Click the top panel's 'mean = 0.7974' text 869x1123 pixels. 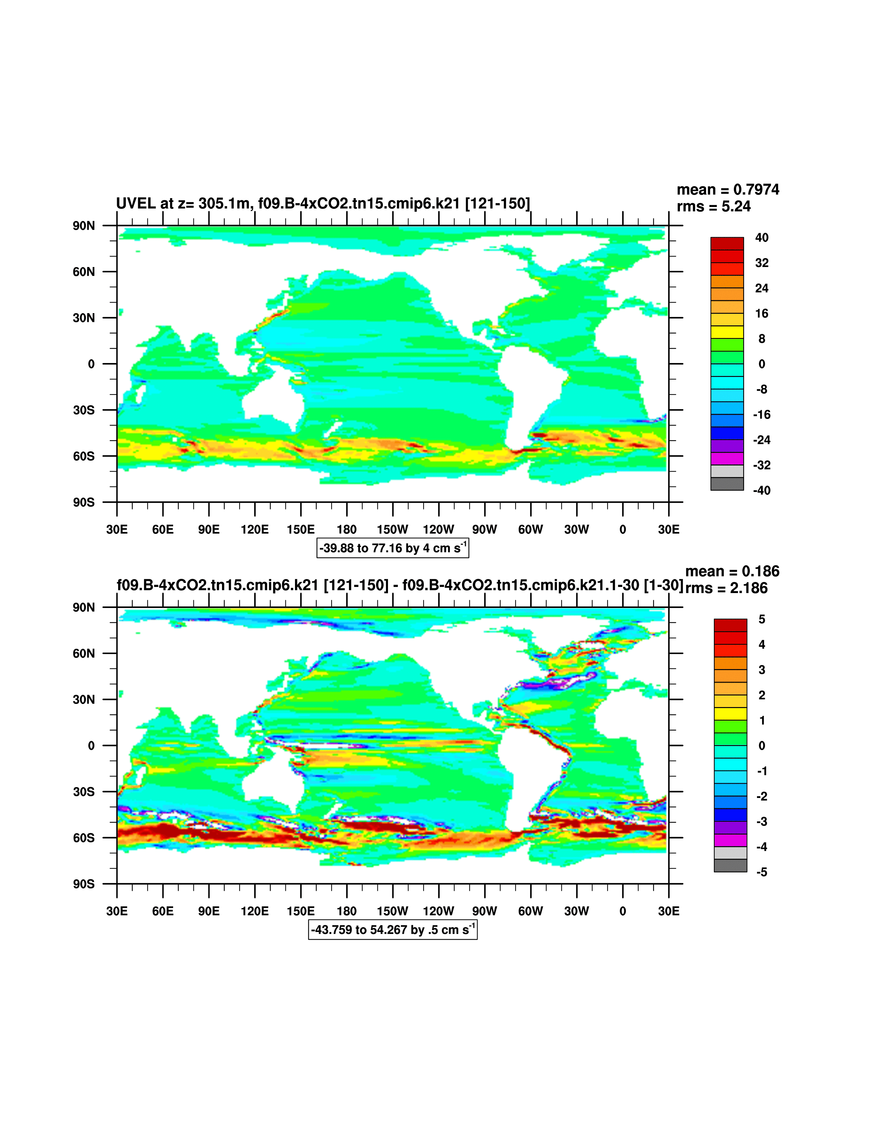click(727, 190)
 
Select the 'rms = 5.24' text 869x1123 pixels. click(714, 207)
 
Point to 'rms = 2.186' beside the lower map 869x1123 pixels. click(726, 588)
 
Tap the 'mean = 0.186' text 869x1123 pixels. click(732, 571)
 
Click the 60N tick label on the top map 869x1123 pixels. click(84, 271)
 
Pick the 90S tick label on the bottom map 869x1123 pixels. click(84, 884)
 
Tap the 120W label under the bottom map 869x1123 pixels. click(438, 911)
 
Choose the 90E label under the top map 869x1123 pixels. click(209, 530)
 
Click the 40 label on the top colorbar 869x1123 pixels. click(761, 237)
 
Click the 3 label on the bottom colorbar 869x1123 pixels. click(762, 670)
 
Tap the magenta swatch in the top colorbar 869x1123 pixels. click(727, 459)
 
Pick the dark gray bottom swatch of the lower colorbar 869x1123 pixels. click(730, 865)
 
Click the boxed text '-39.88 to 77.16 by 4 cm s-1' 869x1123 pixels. click(392, 548)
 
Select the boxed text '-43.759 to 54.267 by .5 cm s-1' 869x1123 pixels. click(392, 930)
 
